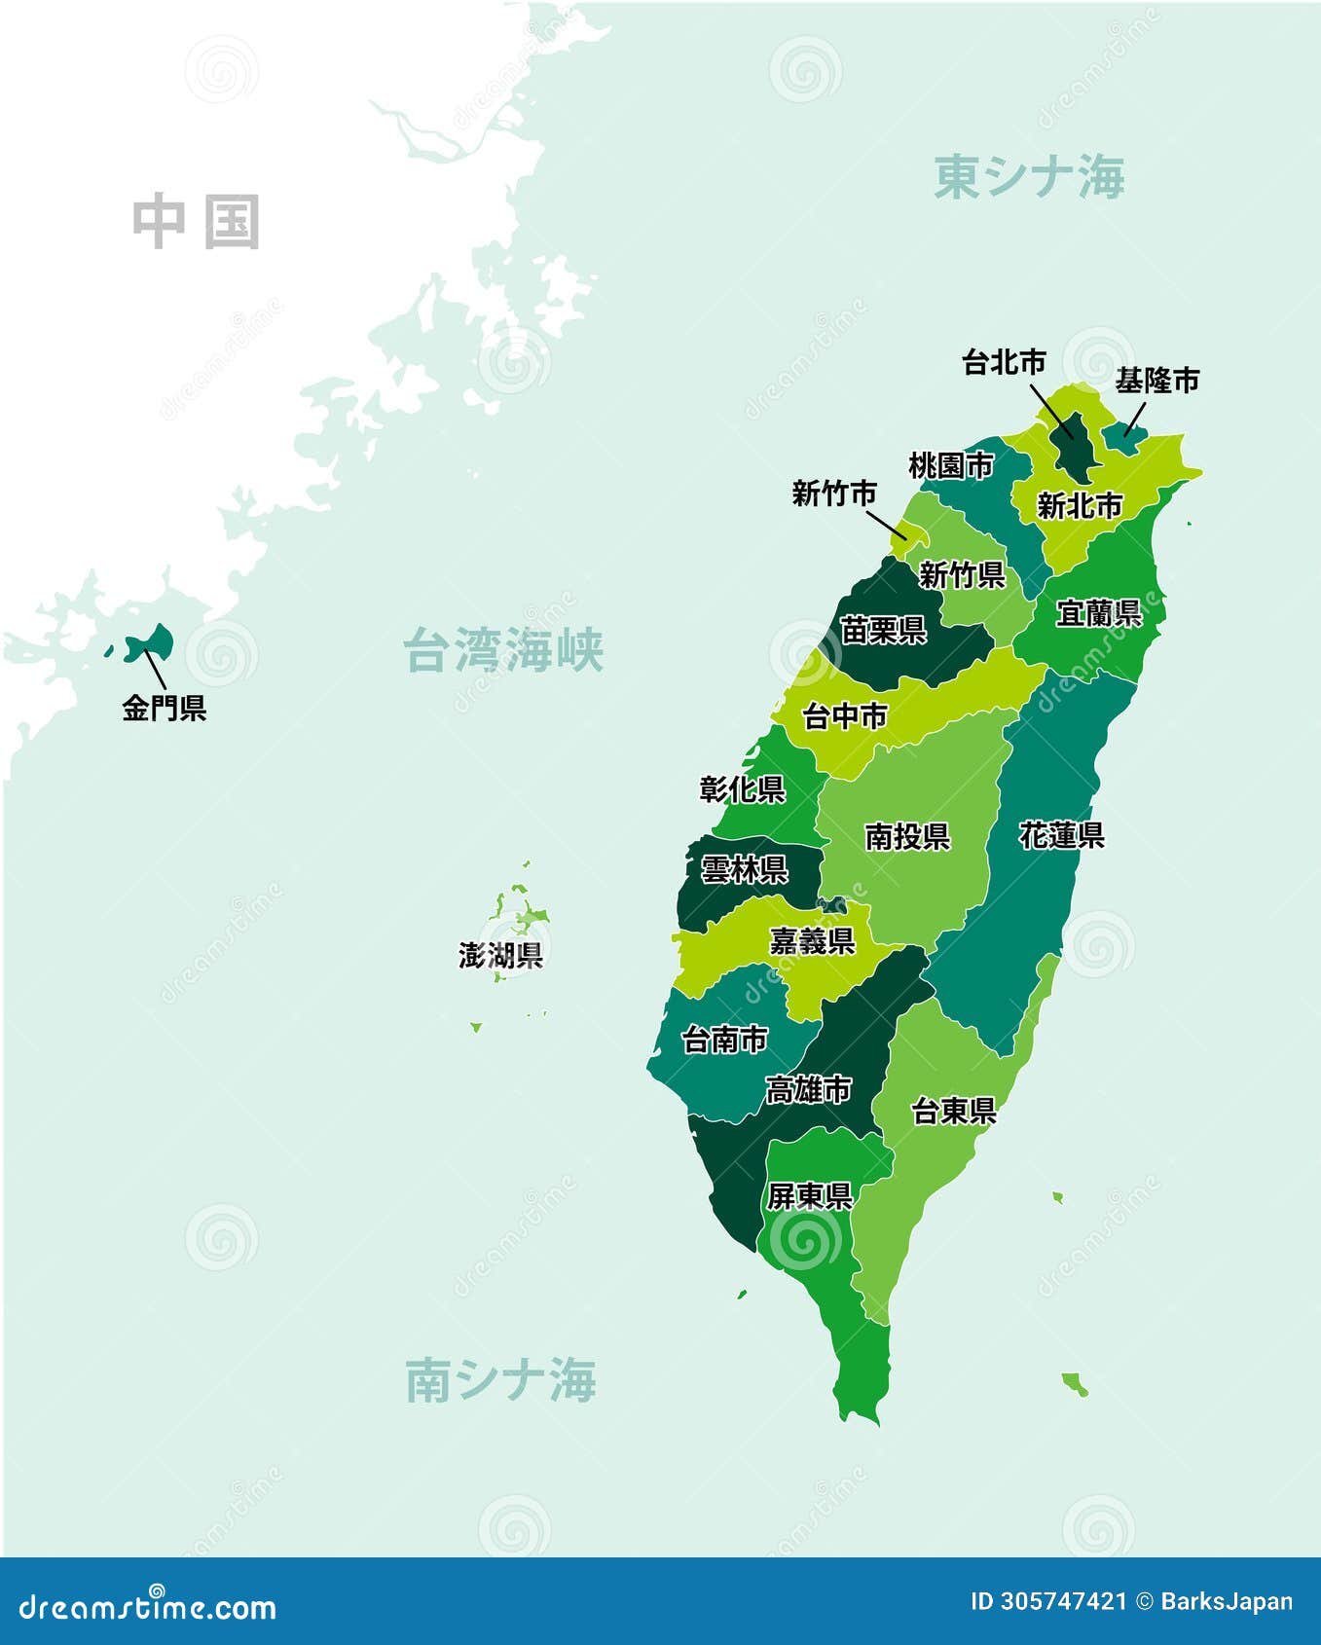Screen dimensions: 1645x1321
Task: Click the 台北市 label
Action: point(1004,362)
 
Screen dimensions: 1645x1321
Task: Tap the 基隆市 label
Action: point(1156,381)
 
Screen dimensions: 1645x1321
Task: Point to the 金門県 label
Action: point(164,708)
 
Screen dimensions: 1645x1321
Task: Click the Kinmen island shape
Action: point(151,642)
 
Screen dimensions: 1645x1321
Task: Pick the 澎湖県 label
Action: point(500,955)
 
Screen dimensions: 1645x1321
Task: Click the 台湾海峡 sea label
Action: point(503,650)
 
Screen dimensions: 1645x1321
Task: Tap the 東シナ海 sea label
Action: point(1029,177)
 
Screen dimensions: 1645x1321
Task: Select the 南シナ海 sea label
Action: point(500,1380)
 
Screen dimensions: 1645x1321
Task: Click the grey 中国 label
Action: point(197,222)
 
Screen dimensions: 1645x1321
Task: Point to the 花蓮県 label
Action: point(1061,835)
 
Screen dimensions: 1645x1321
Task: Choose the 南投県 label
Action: point(906,836)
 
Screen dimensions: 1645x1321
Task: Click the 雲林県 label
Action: point(744,868)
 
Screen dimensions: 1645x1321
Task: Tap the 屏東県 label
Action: point(809,1196)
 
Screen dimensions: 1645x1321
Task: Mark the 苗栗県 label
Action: point(883,631)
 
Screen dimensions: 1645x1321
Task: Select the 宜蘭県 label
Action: point(1098,613)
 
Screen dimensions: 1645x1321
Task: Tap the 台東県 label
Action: point(953,1111)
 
